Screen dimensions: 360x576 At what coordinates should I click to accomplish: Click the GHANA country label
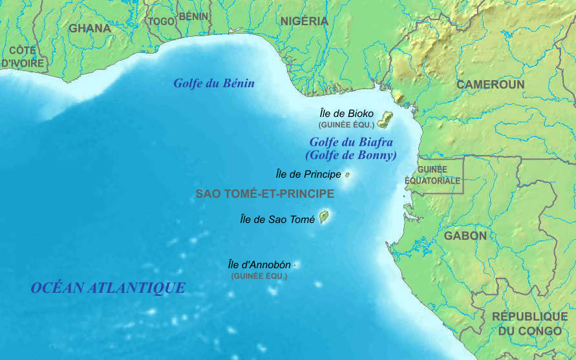pos(90,28)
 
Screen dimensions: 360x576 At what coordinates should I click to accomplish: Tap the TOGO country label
pos(161,21)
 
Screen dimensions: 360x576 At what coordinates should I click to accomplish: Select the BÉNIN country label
pos(193,16)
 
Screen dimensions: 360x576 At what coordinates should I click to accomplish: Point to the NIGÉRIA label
pos(304,21)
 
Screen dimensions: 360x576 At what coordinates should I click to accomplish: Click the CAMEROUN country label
pos(490,85)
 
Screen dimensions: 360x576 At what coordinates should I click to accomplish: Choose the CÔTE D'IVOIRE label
pos(23,57)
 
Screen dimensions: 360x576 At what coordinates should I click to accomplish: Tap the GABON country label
pos(465,236)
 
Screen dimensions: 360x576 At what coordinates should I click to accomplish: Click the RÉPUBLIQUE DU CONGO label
pos(529,324)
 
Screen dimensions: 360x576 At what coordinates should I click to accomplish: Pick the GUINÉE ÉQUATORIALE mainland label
pos(432,175)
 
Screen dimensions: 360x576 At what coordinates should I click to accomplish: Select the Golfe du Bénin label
pos(213,83)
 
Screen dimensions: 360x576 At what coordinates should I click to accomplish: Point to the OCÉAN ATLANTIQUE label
pos(108,288)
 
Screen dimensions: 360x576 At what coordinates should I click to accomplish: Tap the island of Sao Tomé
pos(323,217)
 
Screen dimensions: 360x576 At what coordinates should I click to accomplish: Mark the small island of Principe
pos(347,175)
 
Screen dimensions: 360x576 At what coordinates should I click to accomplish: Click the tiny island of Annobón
pos(295,264)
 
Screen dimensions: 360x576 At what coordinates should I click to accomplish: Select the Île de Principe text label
pos(308,175)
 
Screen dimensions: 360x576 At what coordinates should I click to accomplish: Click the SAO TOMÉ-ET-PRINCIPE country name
pos(264,194)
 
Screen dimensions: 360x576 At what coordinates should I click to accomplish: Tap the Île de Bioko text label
pos(347,113)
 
